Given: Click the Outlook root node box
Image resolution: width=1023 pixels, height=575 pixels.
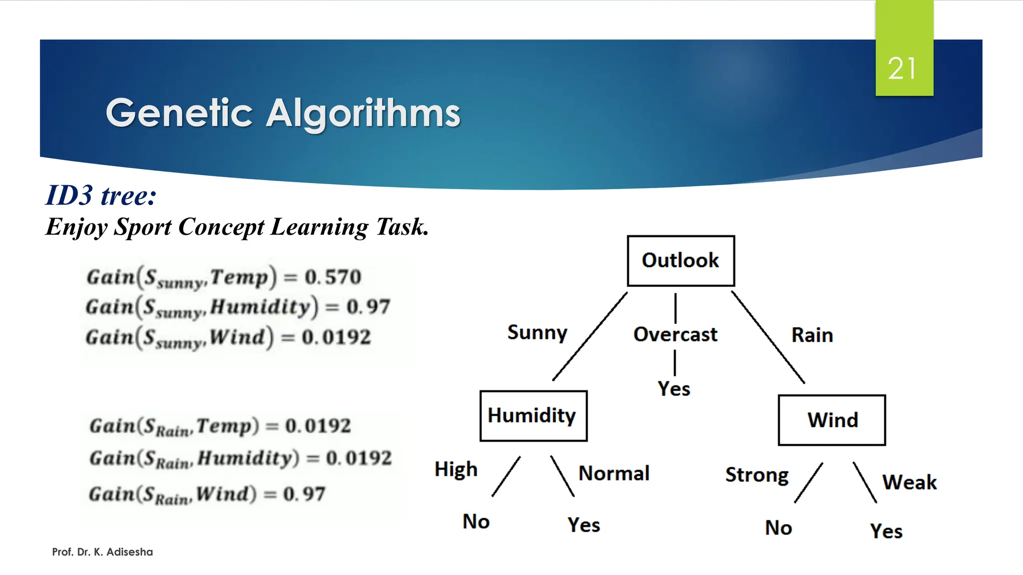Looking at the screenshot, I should pos(680,261).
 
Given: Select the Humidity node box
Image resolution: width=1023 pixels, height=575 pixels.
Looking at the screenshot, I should pos(533,416).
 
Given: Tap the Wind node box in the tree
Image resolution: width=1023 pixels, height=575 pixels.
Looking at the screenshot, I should pos(832,420).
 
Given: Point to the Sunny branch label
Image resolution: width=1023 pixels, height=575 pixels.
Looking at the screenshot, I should pos(537,332).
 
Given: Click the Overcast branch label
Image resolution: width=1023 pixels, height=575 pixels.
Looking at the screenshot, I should pos(675,334).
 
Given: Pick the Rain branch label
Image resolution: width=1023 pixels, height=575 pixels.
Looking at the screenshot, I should pos(812,335).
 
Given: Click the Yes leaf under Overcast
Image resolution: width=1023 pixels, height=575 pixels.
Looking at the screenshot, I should pos(674,389).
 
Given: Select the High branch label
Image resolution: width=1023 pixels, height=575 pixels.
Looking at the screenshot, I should pos(456,469).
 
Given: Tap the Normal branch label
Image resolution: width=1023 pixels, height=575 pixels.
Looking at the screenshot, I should pos(614,473).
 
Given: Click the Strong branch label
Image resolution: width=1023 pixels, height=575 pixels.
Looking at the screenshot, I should pos(757,475).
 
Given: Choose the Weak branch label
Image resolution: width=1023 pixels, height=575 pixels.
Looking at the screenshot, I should pos(909,482).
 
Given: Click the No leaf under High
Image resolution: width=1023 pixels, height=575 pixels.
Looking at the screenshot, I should pos(476,522).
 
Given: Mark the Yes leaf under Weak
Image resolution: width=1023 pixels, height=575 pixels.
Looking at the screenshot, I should pos(886,531).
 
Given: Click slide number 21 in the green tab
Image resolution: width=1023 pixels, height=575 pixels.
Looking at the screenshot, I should pos(902,68).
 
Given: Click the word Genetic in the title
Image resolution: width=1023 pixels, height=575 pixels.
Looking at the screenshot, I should pos(179,113).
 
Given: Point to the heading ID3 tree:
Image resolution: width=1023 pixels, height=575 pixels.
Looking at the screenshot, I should pos(101,195).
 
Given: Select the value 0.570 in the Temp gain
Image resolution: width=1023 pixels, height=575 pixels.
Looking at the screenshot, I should pos(333,277).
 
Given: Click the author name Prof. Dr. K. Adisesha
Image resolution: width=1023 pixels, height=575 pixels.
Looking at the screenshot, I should pos(102,552).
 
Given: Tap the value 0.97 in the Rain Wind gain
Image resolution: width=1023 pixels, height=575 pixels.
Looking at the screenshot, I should pos(304,494).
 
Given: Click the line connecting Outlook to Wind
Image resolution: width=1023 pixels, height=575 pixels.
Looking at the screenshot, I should pos(768,337).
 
